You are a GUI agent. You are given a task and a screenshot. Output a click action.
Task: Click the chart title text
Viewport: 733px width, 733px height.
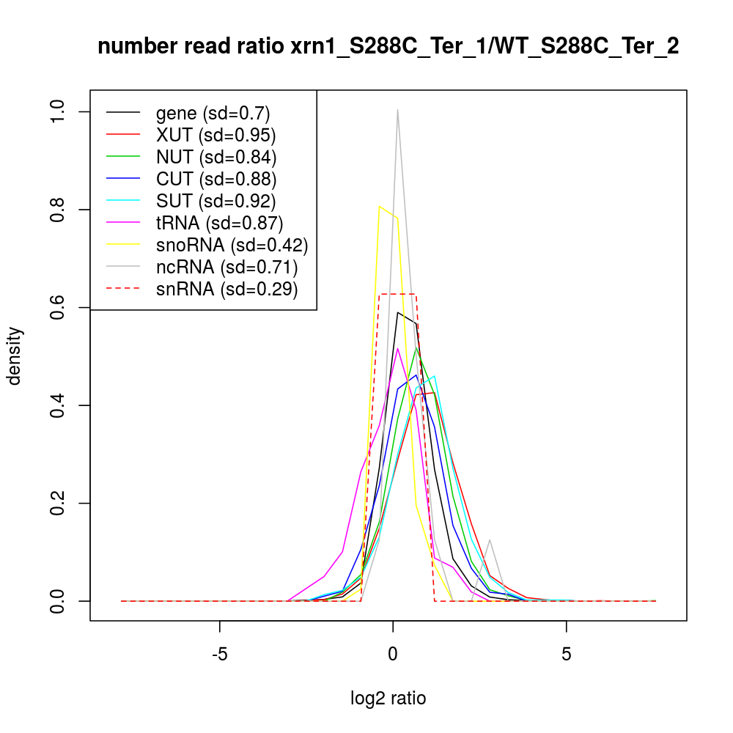tap(388, 46)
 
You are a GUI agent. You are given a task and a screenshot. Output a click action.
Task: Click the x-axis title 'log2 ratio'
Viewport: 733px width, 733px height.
tap(388, 699)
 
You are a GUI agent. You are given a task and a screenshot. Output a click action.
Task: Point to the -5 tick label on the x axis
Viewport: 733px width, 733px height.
tap(220, 654)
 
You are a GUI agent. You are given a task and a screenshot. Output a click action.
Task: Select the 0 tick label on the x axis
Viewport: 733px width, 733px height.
tap(394, 654)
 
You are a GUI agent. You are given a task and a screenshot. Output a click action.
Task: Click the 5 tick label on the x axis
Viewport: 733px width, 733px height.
tap(567, 654)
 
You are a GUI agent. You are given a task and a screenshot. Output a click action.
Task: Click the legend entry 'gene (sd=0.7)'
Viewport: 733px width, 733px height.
tap(213, 114)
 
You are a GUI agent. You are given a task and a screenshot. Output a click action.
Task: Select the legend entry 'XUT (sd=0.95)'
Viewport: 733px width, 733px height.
tap(216, 136)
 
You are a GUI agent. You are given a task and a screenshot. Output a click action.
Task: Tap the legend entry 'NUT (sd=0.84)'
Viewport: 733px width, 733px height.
tap(216, 158)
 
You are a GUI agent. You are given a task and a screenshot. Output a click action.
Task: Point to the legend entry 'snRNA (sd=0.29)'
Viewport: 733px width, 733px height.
tap(226, 290)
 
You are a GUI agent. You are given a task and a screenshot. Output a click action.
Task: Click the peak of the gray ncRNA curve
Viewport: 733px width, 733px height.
tap(397, 110)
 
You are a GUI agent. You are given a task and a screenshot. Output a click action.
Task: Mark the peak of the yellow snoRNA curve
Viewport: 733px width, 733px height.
tap(379, 207)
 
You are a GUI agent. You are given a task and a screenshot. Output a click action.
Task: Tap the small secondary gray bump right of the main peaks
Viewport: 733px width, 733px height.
tap(489, 540)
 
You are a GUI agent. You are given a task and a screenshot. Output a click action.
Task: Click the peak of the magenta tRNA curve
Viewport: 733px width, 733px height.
tap(397, 348)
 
